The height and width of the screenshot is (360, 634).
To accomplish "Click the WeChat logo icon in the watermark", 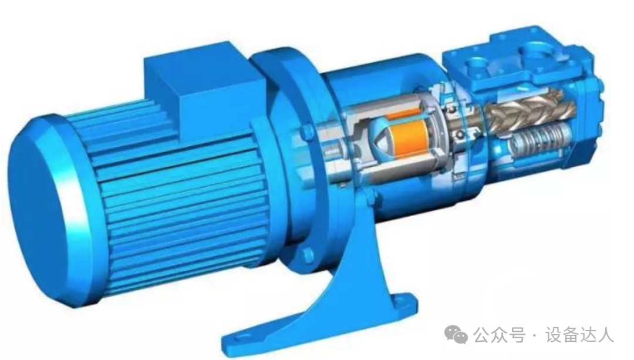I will coord(456,335).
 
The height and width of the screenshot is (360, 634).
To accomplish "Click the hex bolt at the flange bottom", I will coord(308,255).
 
